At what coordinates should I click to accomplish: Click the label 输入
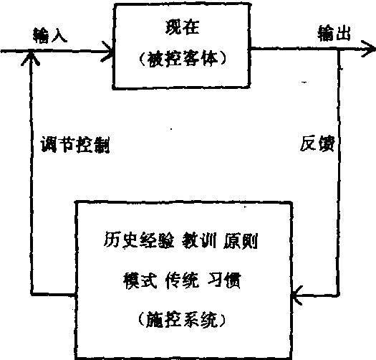coord(50,36)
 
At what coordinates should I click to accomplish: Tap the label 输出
coord(334,34)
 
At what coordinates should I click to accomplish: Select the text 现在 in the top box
coord(182,27)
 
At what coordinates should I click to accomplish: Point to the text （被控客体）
coord(182,59)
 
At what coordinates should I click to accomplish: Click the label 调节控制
coord(75,145)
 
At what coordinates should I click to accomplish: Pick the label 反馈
coord(317,143)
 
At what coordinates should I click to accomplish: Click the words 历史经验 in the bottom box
coord(139,240)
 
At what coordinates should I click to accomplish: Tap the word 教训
coord(199,240)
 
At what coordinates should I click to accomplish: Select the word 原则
coord(241,241)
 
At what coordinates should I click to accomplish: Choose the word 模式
coord(140,280)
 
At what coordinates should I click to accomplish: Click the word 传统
coord(182,280)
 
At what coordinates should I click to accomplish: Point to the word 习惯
coord(223,280)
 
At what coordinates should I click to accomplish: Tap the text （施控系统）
coord(182,320)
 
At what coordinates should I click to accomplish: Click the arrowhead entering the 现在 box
coord(110,52)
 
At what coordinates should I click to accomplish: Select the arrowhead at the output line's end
coord(370,49)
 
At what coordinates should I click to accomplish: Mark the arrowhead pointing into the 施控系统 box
coord(297,295)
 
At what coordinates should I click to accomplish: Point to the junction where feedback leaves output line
coord(339,49)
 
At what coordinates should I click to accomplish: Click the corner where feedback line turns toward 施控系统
coord(338,294)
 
